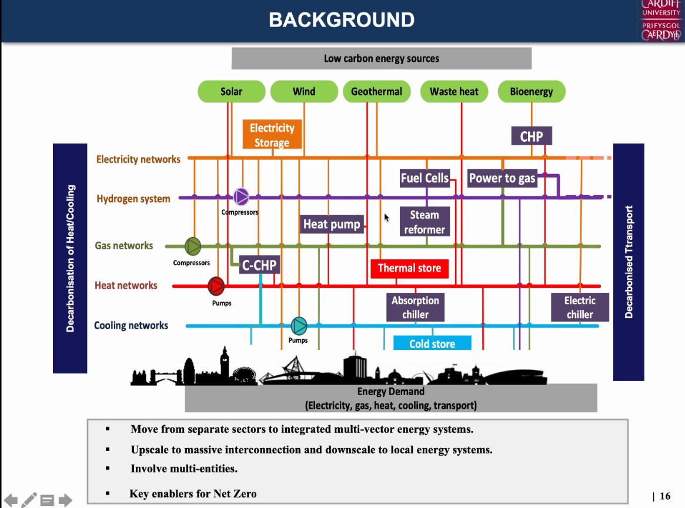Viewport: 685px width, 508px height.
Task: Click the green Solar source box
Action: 231,92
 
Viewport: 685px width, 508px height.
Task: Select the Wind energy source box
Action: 304,92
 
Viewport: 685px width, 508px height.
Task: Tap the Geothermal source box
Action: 376,92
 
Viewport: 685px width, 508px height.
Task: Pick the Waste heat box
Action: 454,92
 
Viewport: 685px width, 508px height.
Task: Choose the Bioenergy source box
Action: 532,92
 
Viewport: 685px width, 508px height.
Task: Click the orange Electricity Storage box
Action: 272,135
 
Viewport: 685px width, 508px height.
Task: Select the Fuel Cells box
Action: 425,178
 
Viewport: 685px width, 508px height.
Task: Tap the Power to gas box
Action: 502,178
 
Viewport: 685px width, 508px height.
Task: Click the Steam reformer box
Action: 425,222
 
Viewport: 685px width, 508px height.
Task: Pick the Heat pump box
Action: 332,224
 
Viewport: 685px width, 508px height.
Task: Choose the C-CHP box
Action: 259,265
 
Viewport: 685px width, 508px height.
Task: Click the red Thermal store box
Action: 409,269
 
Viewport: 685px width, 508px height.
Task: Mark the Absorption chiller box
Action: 415,307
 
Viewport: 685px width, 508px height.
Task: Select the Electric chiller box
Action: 580,307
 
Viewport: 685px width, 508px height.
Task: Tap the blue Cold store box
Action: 432,343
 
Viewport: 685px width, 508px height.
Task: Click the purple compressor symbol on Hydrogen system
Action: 241,196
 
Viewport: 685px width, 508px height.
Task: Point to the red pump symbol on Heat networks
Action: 216,286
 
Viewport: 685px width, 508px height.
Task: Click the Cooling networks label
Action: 131,325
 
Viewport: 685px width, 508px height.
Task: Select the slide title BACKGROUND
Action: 342,20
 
